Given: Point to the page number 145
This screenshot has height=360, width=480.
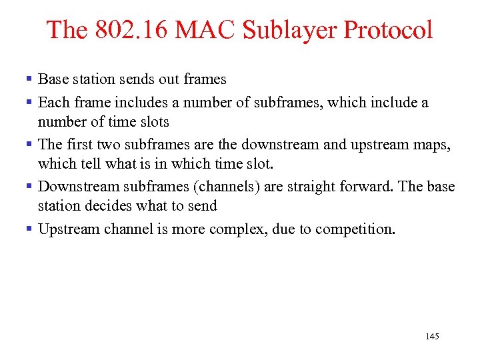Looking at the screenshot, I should point(432,337).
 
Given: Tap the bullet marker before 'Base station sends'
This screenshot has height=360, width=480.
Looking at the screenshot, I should point(29,79).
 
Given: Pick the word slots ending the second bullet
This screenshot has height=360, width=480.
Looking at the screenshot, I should point(154,122).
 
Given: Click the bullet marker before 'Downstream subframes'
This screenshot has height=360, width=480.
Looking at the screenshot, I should point(29,186).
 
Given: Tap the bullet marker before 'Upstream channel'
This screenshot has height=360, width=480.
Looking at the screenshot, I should point(29,229).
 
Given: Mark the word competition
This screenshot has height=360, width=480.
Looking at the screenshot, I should point(355,229).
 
